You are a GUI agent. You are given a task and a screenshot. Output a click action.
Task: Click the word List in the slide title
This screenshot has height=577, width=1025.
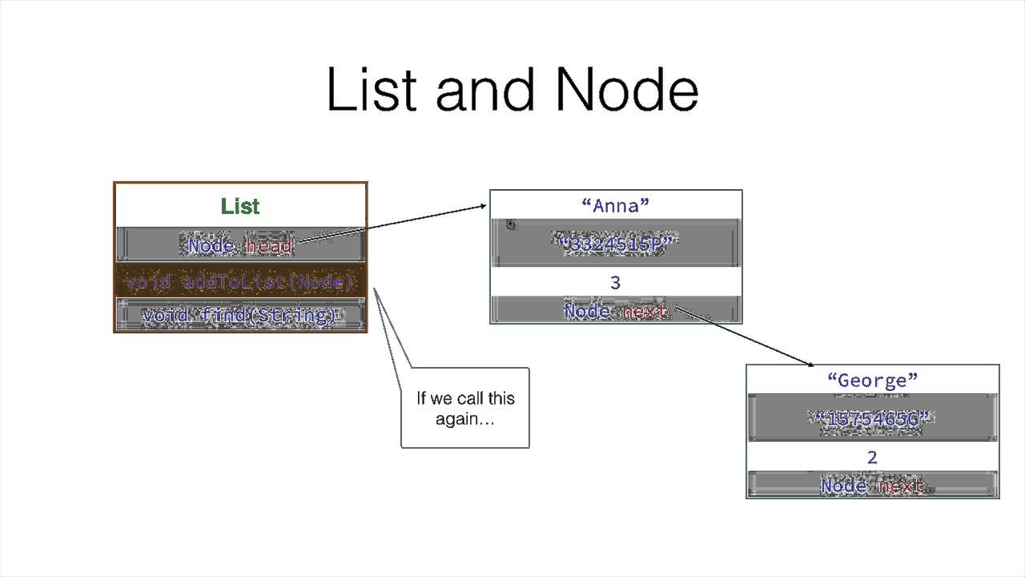pos(372,90)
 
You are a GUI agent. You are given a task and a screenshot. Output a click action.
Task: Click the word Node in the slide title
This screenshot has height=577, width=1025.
pos(626,90)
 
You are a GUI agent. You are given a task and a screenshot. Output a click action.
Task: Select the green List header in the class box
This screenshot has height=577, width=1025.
pos(240,207)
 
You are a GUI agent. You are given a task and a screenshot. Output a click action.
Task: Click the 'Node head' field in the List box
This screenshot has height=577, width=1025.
pos(240,245)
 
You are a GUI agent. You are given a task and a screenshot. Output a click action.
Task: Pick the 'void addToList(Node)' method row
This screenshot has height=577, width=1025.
pos(240,282)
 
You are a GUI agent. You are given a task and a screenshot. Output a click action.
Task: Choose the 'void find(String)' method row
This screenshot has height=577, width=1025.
pos(240,315)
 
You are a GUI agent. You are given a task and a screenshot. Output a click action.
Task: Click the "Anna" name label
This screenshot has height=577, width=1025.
pos(615,206)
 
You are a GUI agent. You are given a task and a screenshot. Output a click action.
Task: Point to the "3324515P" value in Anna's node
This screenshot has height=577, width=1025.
pos(615,244)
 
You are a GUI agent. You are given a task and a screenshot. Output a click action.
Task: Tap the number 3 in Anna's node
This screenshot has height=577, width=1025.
pos(615,282)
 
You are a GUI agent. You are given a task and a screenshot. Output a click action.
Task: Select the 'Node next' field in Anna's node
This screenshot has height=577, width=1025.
pos(615,311)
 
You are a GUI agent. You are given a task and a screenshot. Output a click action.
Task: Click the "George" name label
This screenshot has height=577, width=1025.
pos(872,380)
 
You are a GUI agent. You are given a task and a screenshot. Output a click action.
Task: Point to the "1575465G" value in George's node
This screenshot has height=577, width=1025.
pos(872,418)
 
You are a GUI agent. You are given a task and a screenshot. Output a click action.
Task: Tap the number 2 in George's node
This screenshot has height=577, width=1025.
pos(872,457)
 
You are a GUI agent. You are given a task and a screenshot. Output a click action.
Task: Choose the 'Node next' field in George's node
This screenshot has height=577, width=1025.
pos(872,486)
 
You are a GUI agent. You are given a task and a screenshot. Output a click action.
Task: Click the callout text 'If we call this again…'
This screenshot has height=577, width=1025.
pos(465,408)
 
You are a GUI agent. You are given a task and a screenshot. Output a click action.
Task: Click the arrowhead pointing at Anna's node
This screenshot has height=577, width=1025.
pos(482,206)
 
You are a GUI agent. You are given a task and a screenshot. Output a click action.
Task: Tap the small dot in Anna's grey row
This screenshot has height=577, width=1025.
pos(512,226)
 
